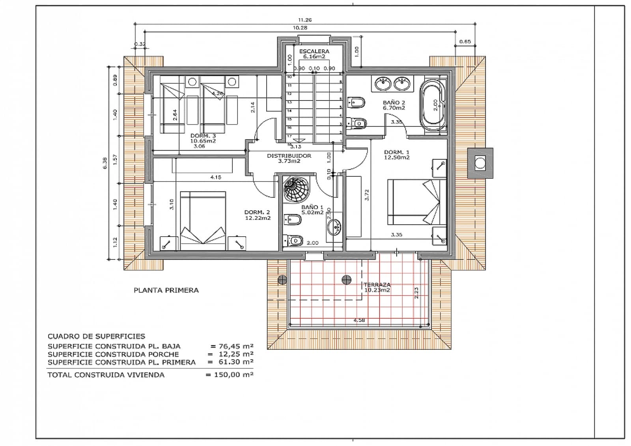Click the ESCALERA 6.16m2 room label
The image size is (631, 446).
pos(314,54)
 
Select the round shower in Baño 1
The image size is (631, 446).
pos(296,189)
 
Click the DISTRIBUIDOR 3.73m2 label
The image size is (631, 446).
pos(289,158)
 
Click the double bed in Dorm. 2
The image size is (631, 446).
pos(203,220)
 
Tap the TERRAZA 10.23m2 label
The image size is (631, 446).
pos(377,287)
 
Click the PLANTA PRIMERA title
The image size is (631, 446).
pos(166,290)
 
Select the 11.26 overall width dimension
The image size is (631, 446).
pos(305,20)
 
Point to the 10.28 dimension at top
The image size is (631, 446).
pos(300,28)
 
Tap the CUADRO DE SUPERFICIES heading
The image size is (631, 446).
pos(96,336)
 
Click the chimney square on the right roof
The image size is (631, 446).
pos(480,163)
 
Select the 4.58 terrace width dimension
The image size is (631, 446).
pos(359,320)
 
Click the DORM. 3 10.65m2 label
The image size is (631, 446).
pos(203,138)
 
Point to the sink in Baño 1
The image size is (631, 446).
pos(335,227)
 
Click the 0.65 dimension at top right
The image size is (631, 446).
pos(465,42)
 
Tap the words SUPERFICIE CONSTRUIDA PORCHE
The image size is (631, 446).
pos(113,354)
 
